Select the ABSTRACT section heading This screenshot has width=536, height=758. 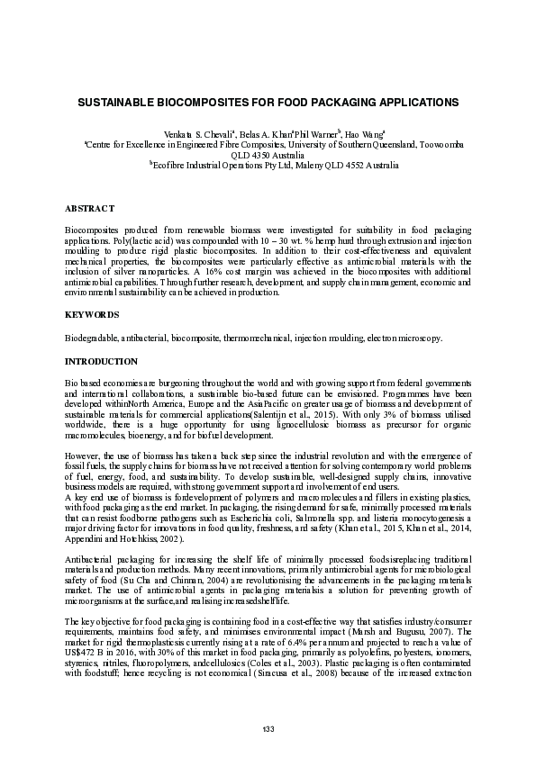90,209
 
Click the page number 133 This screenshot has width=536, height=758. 267,727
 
